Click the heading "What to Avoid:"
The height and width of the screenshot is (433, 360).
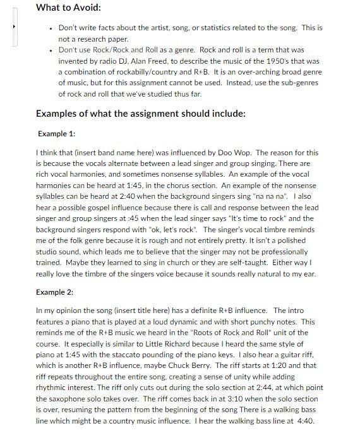[68, 8]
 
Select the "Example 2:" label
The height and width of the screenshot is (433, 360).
[56, 292]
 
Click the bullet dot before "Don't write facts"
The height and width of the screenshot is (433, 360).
[50, 28]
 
